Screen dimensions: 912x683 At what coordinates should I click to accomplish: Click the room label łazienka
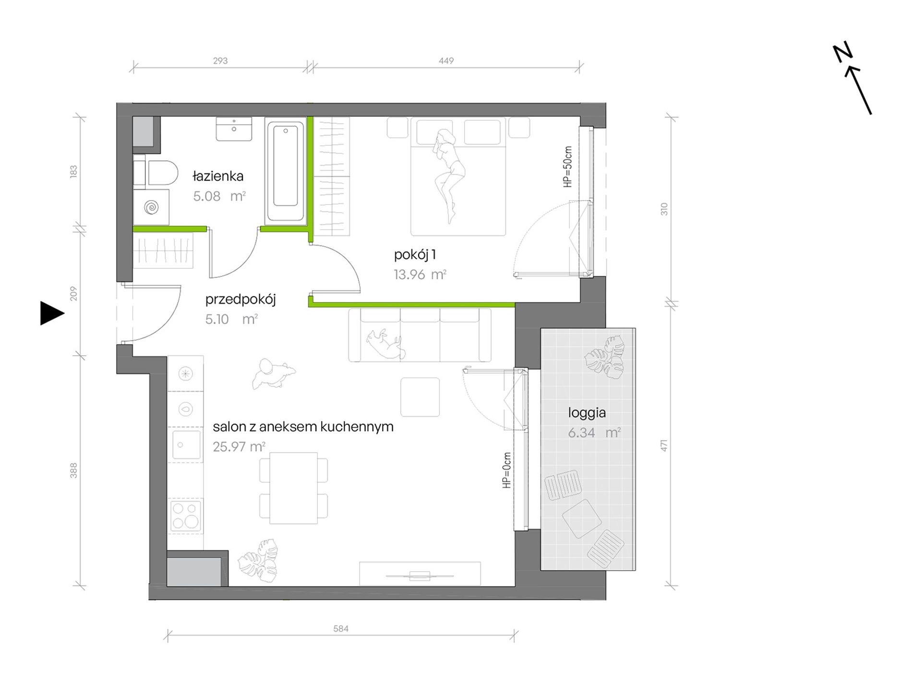tap(218, 177)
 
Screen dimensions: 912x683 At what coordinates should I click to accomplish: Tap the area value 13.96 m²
tap(420, 275)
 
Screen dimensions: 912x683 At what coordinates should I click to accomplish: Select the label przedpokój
tap(240, 300)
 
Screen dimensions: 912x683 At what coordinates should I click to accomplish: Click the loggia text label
tap(587, 413)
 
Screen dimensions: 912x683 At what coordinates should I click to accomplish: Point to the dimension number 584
tap(340, 629)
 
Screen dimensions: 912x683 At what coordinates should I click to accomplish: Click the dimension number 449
tap(446, 61)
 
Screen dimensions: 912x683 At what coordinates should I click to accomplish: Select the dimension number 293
tap(220, 61)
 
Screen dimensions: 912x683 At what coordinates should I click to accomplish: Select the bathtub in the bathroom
tap(285, 171)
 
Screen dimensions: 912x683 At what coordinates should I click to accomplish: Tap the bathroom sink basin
tap(234, 129)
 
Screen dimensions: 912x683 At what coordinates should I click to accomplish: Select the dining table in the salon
tap(294, 488)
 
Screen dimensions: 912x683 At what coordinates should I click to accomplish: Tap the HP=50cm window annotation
tap(568, 167)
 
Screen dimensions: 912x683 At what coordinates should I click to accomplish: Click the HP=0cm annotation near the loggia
tap(507, 470)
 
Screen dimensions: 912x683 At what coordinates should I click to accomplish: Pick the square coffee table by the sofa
tap(420, 397)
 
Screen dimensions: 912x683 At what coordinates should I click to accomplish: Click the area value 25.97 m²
tap(239, 447)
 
